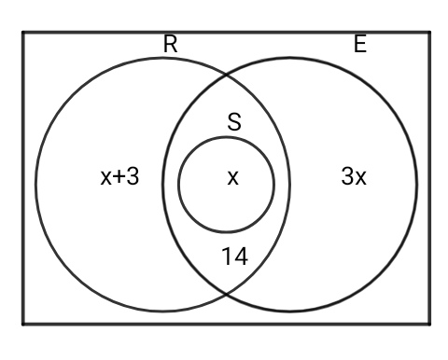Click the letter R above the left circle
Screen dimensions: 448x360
point(170,44)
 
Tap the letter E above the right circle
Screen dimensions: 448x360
point(360,44)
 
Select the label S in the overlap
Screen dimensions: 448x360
point(234,121)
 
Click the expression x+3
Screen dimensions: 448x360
point(119,177)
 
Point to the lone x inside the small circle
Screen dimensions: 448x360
point(232,178)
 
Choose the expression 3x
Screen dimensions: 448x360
point(353,177)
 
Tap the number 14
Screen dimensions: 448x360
point(234,256)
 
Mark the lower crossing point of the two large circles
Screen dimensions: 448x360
point(227,297)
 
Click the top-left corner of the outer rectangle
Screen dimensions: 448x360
point(23,33)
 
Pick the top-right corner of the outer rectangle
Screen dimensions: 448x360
point(430,33)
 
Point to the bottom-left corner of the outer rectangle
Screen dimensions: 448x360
point(23,324)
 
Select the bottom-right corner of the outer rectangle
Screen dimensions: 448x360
point(430,324)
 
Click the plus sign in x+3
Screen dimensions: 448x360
point(119,178)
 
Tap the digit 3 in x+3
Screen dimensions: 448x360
point(133,177)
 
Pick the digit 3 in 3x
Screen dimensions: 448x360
point(346,177)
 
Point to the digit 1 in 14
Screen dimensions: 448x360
point(228,256)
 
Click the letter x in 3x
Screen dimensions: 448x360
point(360,179)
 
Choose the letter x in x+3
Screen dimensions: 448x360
point(106,179)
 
